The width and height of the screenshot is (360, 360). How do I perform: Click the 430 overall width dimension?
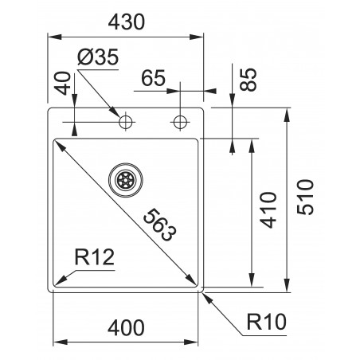(123, 24)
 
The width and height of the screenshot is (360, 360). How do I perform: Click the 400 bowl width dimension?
(127, 327)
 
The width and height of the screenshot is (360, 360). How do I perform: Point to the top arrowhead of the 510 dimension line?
(287, 112)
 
